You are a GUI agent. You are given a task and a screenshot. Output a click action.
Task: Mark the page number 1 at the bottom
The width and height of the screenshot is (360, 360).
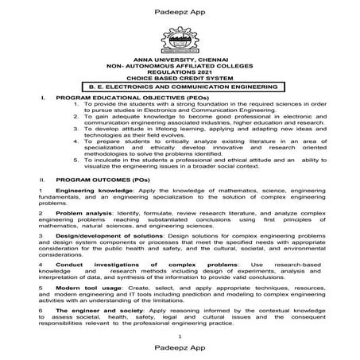180,337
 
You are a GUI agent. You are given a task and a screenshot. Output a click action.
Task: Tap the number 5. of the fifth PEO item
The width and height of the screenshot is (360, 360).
75,158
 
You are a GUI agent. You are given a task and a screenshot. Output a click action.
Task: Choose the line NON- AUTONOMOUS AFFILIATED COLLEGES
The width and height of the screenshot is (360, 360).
180,69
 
